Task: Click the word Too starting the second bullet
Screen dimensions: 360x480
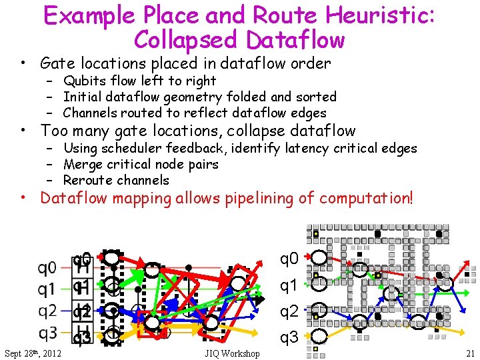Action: point(55,131)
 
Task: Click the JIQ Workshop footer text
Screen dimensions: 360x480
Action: point(233,353)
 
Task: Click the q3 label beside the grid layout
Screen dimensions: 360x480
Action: point(289,338)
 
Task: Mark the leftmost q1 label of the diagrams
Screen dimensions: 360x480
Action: point(47,289)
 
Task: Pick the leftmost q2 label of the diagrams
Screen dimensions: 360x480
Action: point(47,311)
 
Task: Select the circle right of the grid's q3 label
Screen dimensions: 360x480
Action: point(320,335)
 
